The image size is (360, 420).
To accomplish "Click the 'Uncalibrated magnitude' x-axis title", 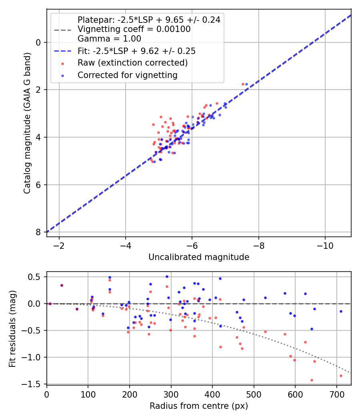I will point(199,257).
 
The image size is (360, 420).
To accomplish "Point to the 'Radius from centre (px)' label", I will point(199,406).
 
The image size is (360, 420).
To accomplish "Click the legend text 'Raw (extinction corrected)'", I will point(132,63).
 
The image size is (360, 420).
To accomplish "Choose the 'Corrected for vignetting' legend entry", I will point(127,75).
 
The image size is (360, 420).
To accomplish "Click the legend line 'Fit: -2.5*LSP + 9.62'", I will point(62,51).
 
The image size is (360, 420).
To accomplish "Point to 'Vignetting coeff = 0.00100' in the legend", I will point(134,29).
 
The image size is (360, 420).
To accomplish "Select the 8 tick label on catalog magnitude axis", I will point(38,232).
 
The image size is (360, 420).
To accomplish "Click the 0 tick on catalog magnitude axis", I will point(38,42).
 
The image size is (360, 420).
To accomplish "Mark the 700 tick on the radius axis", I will point(295,394).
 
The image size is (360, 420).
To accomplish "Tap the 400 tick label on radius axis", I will point(171,394).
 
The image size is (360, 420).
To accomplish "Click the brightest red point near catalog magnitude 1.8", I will point(243,84).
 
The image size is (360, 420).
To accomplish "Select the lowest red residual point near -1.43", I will point(312,380).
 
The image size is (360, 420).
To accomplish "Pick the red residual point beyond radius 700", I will point(341,376).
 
